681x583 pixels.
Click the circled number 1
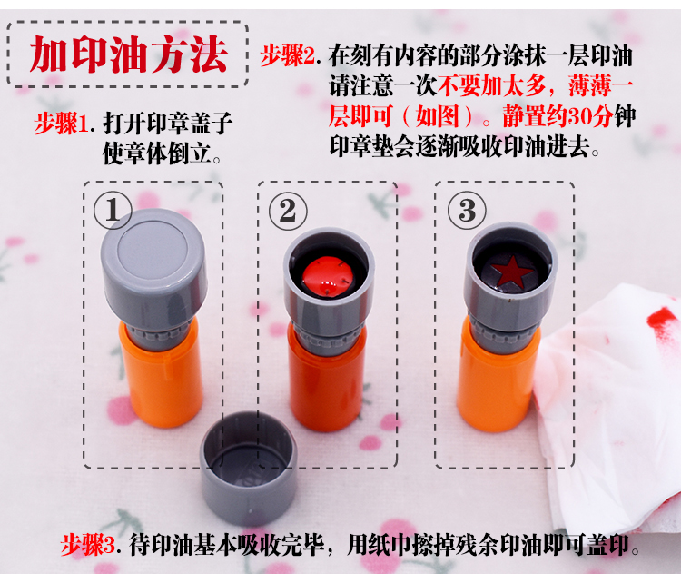pyautogui.click(x=113, y=211)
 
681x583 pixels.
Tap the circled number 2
pyautogui.click(x=288, y=211)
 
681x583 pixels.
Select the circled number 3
pyautogui.click(x=467, y=211)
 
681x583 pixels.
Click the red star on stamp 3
pyautogui.click(x=511, y=272)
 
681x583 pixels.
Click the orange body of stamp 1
pyautogui.click(x=162, y=373)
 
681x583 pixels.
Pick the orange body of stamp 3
pyautogui.click(x=495, y=382)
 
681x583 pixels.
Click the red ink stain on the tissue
pyautogui.click(x=663, y=327)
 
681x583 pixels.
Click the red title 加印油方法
pyautogui.click(x=129, y=54)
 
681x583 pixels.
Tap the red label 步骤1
pyautogui.click(x=63, y=124)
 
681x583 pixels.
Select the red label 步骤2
pyautogui.click(x=289, y=56)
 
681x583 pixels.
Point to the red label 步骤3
pyautogui.click(x=89, y=544)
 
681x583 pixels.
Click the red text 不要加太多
pyautogui.click(x=491, y=86)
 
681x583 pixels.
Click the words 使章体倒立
pyautogui.click(x=157, y=153)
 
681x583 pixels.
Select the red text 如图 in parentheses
pyautogui.click(x=438, y=116)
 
